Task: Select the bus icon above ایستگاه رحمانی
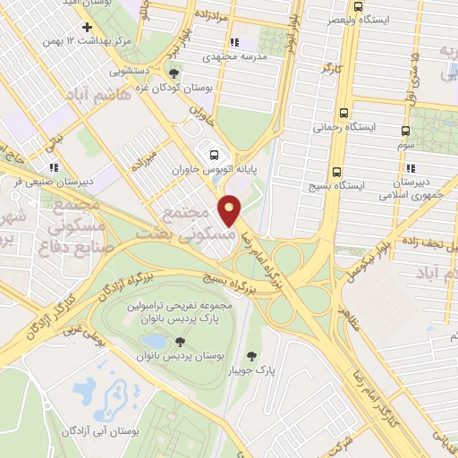click(x=344, y=113)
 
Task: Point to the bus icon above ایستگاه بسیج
click(x=337, y=172)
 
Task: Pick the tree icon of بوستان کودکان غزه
click(x=173, y=75)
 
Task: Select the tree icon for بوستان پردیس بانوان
click(x=180, y=341)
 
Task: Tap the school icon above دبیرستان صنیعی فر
click(x=54, y=166)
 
